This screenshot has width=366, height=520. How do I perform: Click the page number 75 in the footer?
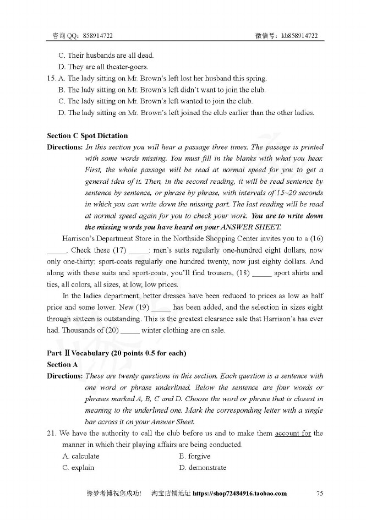pos(320,494)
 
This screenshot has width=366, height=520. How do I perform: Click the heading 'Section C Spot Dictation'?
pos(87,136)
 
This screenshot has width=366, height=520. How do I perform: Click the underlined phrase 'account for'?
pos(293,433)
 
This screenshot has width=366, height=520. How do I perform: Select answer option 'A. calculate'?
pos(81,456)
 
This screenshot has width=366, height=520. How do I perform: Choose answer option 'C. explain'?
pos(78,468)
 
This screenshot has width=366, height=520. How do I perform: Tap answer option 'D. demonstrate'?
pos(203,468)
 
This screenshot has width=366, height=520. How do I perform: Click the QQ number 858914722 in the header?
pos(99,36)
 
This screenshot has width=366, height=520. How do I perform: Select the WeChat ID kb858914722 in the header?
pos(299,36)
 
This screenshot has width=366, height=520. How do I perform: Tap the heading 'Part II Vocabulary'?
pos(117,353)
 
